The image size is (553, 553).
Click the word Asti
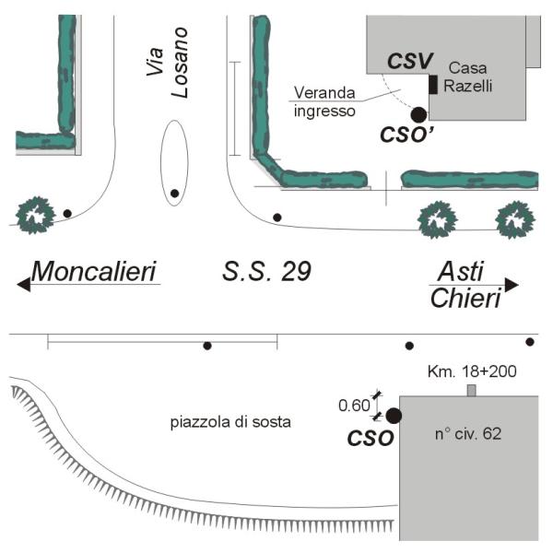[x=460, y=271]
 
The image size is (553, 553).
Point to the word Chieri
[x=465, y=299]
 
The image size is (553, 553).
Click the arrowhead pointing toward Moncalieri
[x=23, y=285]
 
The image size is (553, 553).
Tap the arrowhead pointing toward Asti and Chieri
[x=512, y=285]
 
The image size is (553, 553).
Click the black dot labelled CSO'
[x=418, y=114]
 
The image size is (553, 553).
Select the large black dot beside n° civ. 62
[x=394, y=416]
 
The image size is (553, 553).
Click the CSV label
[x=409, y=63]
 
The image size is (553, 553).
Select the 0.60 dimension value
[x=354, y=404]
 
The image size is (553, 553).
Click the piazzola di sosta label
[x=230, y=423]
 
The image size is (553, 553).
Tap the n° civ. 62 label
[x=468, y=433]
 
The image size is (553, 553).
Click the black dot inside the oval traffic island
[x=174, y=194]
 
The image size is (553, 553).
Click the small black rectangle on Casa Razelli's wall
[x=432, y=85]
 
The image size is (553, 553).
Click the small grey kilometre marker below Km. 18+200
[x=472, y=391]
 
